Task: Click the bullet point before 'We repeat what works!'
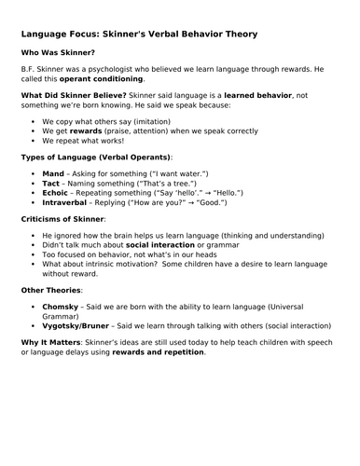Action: coord(34,140)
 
